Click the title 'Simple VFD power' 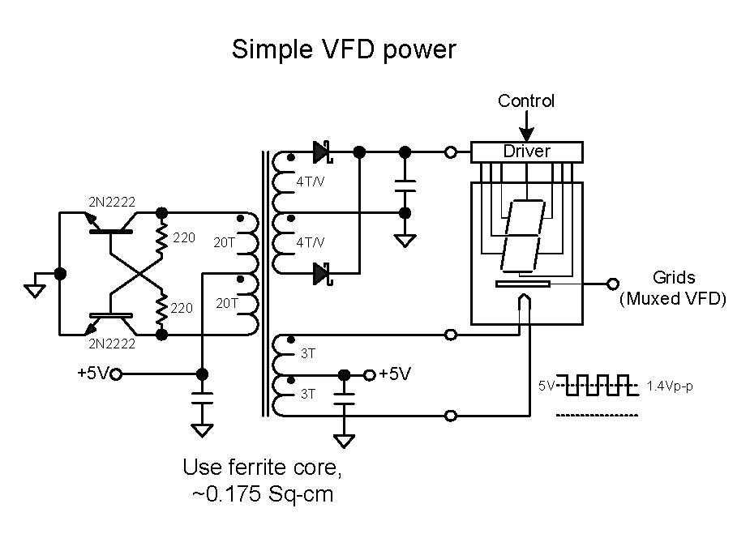click(x=344, y=49)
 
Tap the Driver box click(x=527, y=152)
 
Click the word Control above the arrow click(x=526, y=101)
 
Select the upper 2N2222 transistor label click(x=113, y=201)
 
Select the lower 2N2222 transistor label click(x=113, y=344)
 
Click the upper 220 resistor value click(x=184, y=238)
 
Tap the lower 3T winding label click(x=308, y=395)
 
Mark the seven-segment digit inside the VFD click(x=522, y=236)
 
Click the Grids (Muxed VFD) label click(x=673, y=288)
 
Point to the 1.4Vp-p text click(x=670, y=386)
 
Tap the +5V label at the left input click(x=93, y=374)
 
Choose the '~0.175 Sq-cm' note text click(x=263, y=493)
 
